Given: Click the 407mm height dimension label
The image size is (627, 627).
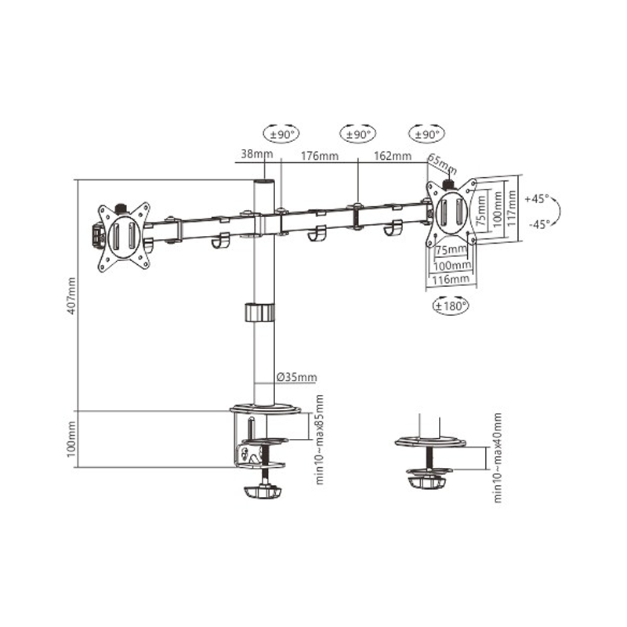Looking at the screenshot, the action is click(x=71, y=295).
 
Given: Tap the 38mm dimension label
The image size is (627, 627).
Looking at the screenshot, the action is click(x=257, y=154).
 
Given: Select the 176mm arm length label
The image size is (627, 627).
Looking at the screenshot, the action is click(x=320, y=155).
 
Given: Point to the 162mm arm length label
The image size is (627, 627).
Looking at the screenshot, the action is click(x=393, y=155).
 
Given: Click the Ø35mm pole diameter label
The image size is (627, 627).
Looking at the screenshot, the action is click(x=297, y=377).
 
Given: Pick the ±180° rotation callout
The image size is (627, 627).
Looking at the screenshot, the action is click(x=451, y=306).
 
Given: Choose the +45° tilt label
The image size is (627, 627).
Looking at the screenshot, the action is click(x=537, y=198).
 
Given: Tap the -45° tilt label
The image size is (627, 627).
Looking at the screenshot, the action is click(x=539, y=224).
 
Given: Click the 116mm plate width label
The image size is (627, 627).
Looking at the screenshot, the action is click(x=451, y=279).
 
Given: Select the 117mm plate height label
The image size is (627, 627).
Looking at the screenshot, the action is click(x=511, y=208).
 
